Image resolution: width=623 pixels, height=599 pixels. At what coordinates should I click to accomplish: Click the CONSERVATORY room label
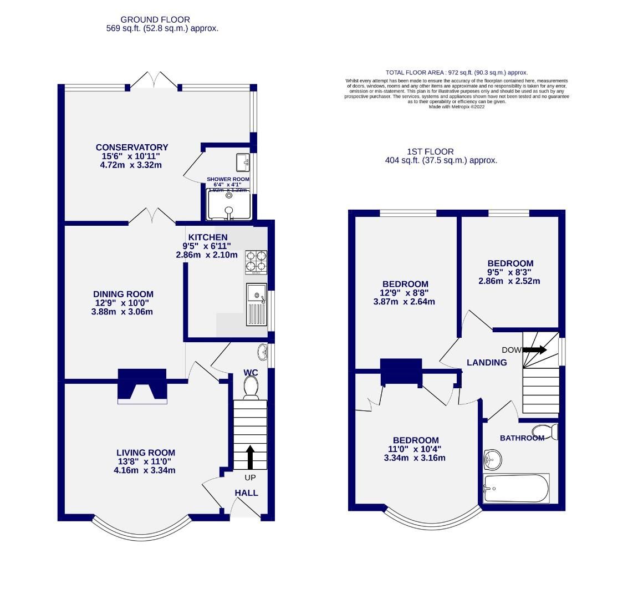point(131,147)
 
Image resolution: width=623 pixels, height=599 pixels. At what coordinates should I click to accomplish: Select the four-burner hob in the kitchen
point(256,262)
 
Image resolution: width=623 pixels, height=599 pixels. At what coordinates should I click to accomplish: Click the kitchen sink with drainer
point(256,304)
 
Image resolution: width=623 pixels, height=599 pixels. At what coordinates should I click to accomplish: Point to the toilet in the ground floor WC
point(251,387)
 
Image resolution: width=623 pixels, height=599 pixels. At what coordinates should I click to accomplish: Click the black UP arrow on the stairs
point(249,457)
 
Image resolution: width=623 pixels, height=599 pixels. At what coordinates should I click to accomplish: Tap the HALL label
point(246,493)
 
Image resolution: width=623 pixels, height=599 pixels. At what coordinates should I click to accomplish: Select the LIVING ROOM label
point(145,453)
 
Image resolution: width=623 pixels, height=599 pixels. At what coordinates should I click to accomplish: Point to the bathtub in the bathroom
point(516,489)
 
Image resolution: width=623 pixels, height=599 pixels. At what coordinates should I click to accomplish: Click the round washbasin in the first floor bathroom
point(492,458)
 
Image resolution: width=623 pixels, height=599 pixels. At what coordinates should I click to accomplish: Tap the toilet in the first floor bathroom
point(544,432)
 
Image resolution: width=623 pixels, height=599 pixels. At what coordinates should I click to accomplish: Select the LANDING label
point(487,363)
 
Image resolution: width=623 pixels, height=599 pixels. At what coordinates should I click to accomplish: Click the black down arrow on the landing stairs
point(534,350)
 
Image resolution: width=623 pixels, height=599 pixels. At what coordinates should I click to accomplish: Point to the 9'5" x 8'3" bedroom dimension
point(510,272)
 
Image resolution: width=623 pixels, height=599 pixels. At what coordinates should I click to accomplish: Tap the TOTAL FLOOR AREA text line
point(456,73)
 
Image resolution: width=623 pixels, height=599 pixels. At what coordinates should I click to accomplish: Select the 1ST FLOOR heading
point(430,151)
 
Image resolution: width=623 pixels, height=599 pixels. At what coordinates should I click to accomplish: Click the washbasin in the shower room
point(243,162)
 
